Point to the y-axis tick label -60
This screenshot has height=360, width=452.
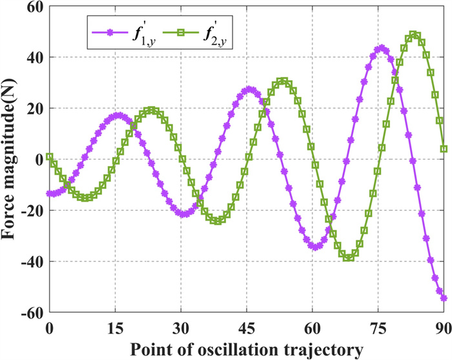tap(31, 312)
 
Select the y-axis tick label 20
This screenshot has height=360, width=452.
tap(34, 108)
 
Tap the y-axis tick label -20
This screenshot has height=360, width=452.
tap(31, 211)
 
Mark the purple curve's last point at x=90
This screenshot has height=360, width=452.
tap(444, 298)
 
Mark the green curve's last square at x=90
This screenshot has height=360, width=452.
tap(444, 149)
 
